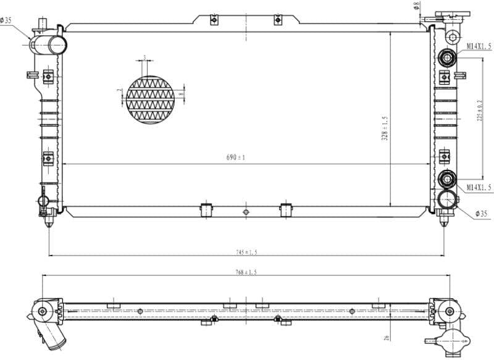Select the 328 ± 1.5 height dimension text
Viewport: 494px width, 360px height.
pos(385,128)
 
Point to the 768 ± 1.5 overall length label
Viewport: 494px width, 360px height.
pos(246,272)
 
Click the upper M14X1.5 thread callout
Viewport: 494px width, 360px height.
pos(479,46)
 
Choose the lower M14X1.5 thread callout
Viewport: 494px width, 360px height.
pos(479,186)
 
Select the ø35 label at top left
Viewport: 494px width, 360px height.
pos(6,20)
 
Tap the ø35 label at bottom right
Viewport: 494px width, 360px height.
pos(482,214)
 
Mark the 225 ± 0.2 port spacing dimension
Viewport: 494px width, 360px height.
pos(480,111)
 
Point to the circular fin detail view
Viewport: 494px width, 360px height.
pos(150,99)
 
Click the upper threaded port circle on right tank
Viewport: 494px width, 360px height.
pos(446,59)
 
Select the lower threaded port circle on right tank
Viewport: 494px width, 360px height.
pos(446,180)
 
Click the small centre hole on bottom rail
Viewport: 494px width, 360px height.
pos(246,212)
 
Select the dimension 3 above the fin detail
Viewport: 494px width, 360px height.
pos(144,57)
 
